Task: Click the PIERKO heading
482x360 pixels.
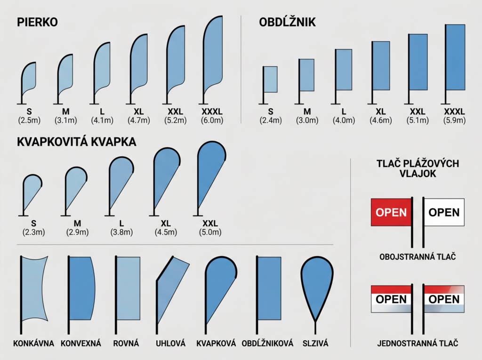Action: pos(37,22)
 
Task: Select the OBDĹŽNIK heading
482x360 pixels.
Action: pos(287,22)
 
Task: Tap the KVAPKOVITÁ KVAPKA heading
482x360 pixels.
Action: pos(77,142)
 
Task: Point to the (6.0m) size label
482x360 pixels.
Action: pos(212,120)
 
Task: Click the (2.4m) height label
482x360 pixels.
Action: pos(271,120)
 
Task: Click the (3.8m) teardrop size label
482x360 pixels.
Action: pos(122,232)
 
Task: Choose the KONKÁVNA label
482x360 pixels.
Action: pos(33,343)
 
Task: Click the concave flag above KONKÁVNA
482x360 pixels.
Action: pos(34,288)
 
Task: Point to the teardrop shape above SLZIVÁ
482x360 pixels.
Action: pos(317,286)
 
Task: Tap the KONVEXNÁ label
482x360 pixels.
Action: pos(81,343)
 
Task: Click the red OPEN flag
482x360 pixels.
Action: pos(391,212)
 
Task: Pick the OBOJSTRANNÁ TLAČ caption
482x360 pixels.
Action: pos(418,256)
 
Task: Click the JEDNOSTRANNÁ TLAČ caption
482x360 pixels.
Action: pos(418,343)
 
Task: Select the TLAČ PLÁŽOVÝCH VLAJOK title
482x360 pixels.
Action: pos(418,168)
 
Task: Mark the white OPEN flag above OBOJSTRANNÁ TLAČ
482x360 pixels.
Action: pos(444,212)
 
